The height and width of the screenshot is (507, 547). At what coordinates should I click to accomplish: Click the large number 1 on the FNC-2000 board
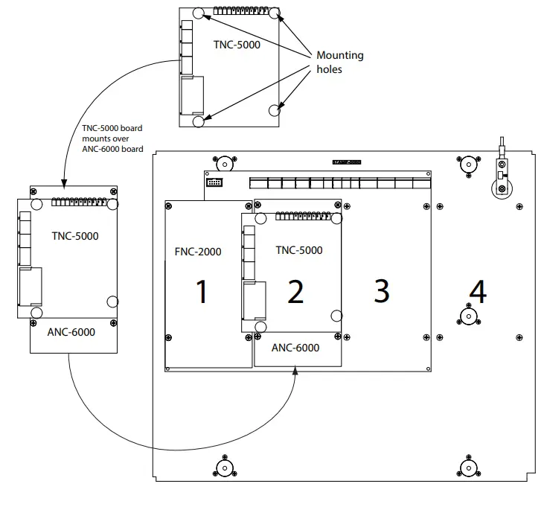click(201, 292)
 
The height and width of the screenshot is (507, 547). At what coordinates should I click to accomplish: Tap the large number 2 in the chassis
click(295, 292)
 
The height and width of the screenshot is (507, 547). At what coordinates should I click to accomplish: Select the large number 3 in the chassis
click(382, 291)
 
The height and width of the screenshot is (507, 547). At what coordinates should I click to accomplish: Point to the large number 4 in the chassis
click(477, 292)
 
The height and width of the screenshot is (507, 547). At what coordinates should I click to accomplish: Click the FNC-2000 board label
click(198, 252)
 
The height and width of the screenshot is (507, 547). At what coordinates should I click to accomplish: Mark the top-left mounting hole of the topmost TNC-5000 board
click(198, 13)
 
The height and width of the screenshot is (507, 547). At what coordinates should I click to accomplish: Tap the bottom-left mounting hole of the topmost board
click(198, 121)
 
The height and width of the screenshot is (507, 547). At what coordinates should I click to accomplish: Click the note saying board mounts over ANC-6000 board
click(112, 138)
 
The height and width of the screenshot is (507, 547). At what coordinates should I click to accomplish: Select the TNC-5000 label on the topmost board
click(236, 44)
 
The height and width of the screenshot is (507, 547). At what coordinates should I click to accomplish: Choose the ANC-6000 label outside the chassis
click(72, 332)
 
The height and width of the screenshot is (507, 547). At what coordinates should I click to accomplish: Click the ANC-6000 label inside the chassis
click(295, 348)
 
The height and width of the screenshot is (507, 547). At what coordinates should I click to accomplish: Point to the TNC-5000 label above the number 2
click(299, 250)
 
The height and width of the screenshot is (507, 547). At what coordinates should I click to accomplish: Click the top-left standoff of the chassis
click(223, 163)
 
